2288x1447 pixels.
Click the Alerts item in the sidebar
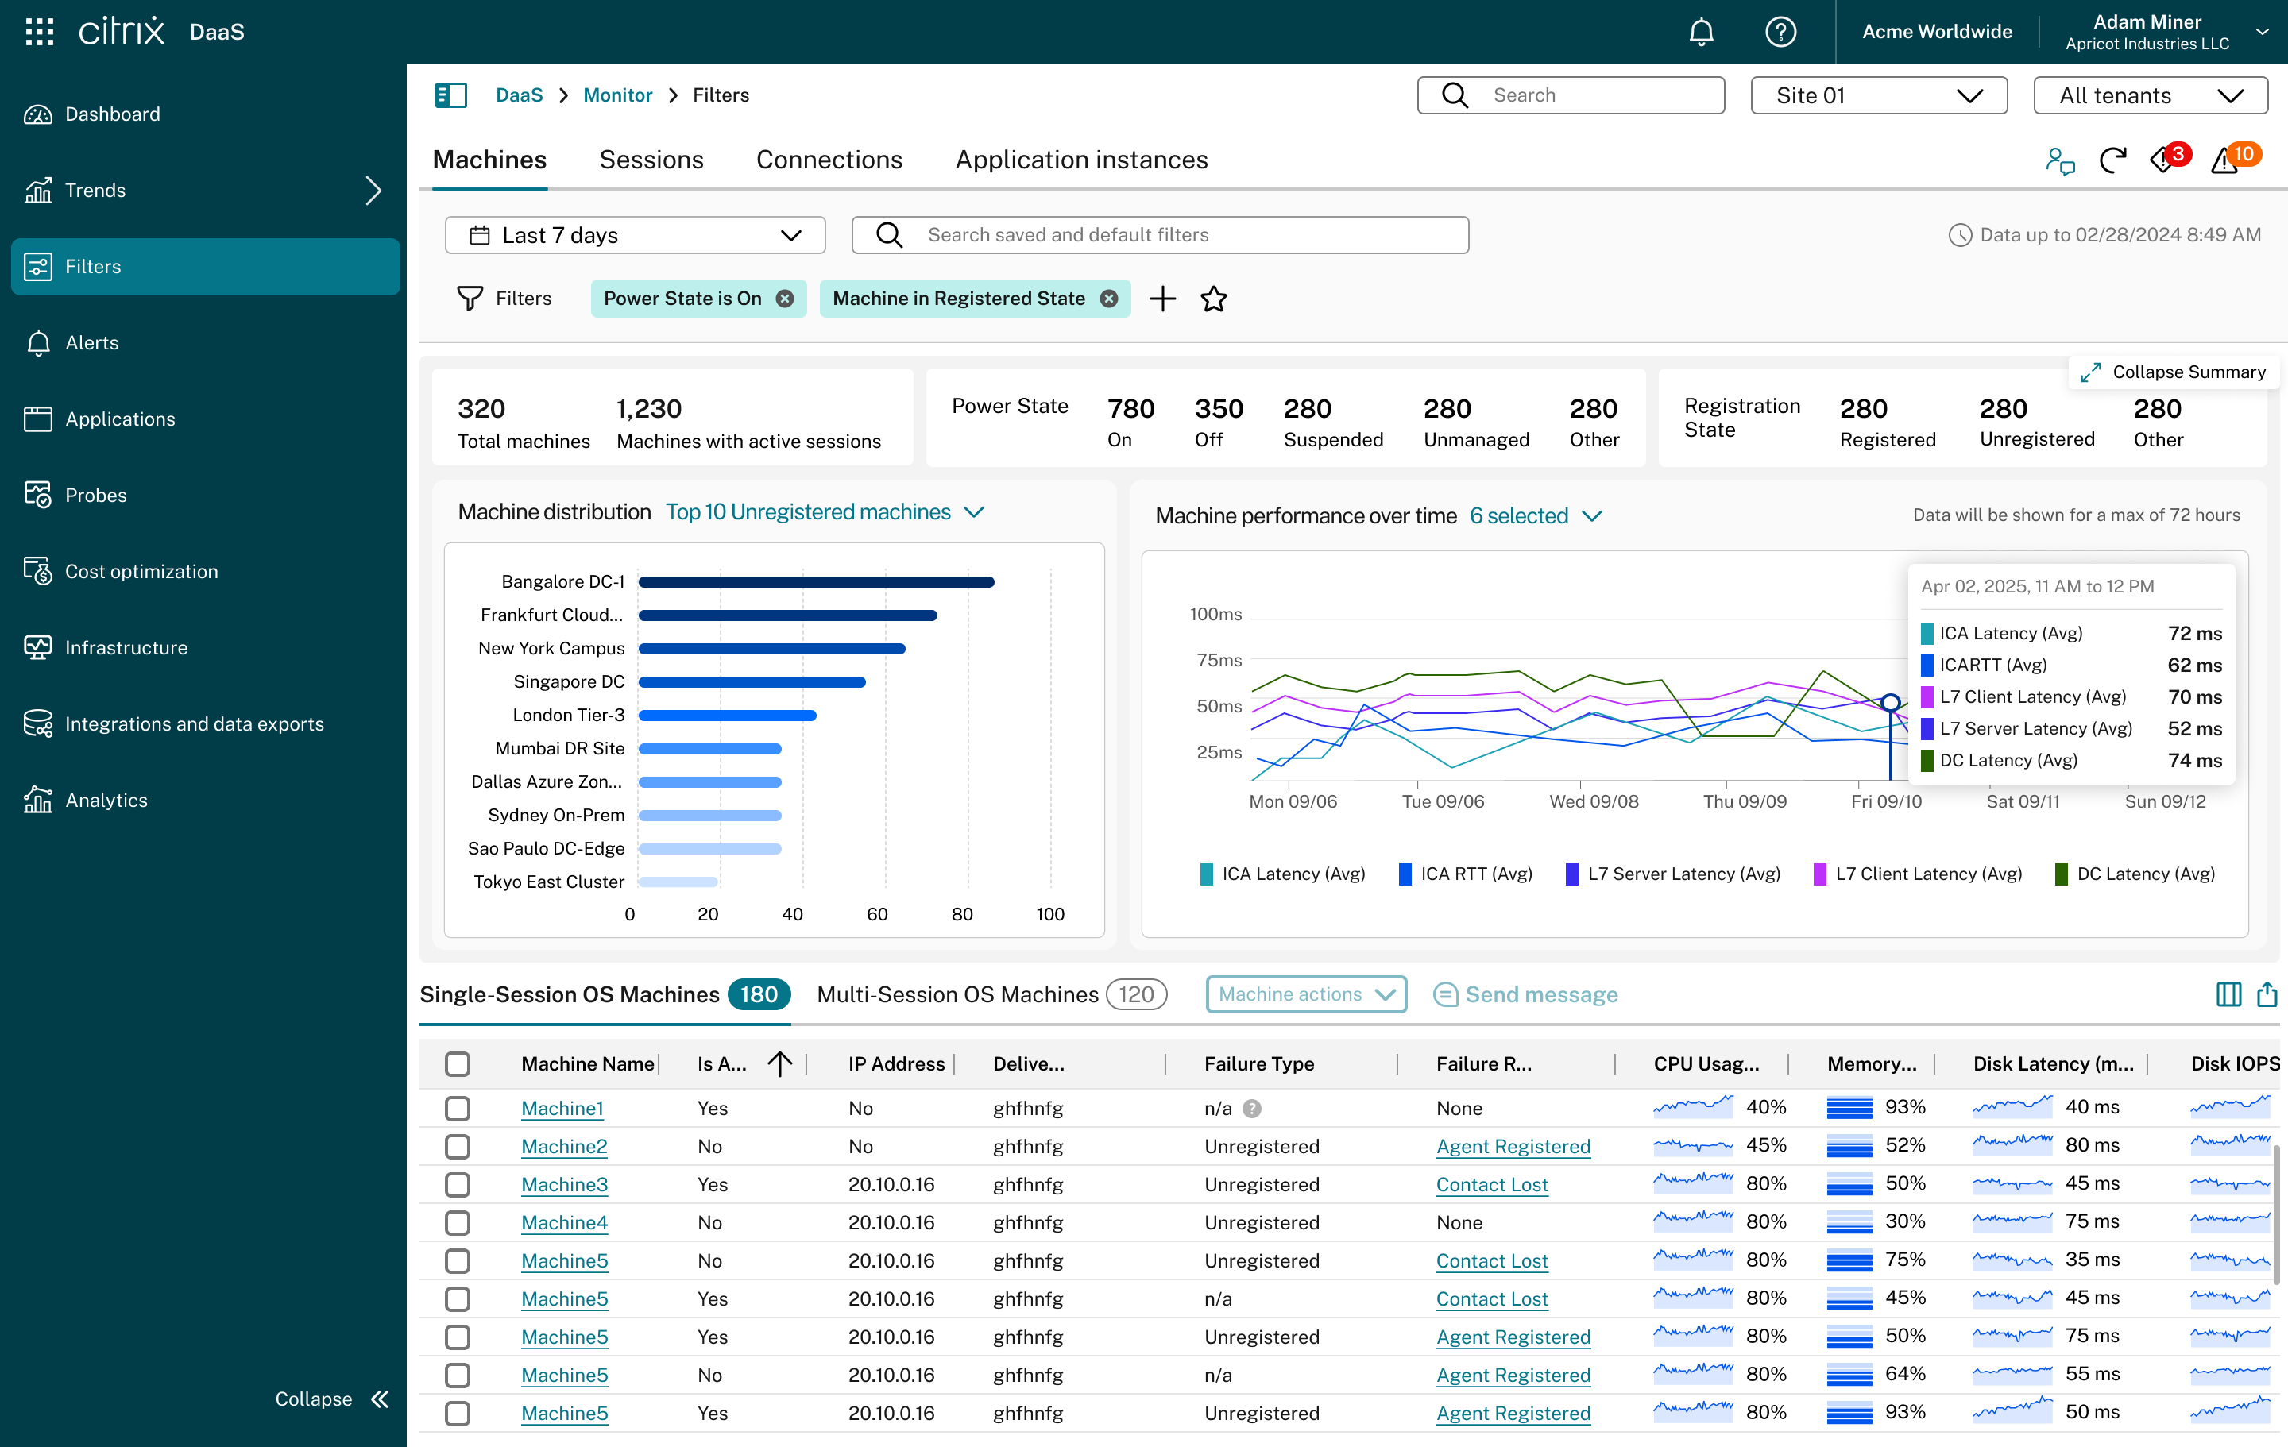92,343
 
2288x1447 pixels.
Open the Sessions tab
651,160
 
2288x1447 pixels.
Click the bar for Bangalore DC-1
816,581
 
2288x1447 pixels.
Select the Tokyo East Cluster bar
678,882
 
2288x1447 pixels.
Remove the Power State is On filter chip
785,299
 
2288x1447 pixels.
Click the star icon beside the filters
1213,299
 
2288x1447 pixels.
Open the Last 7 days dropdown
635,234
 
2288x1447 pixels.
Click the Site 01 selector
1879,95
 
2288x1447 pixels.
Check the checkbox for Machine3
458,1185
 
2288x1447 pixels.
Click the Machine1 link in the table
562,1108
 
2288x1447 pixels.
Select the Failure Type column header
1259,1064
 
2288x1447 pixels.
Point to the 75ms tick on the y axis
1219,660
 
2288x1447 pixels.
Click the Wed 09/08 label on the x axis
1594,801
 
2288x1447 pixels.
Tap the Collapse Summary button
2173,372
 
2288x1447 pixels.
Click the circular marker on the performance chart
1891,703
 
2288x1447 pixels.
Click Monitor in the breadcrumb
617,95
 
